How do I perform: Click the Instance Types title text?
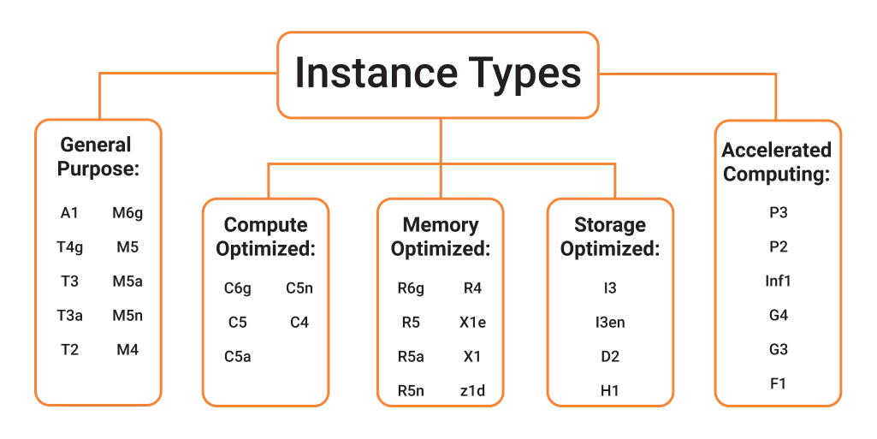coord(437,74)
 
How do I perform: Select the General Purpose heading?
coord(97,157)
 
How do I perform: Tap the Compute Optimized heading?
coord(265,237)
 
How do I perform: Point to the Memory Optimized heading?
coord(440,237)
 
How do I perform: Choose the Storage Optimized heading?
coord(610,237)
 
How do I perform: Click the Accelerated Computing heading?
coord(776,162)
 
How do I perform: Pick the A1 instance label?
coord(69,213)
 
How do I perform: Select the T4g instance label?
coord(69,247)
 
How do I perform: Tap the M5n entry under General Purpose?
coord(127,316)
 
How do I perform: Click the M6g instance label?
coord(127,213)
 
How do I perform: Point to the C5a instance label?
coord(237,357)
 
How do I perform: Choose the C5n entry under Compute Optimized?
coord(299,288)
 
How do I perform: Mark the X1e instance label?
coord(472,323)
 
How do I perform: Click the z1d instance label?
coord(472,391)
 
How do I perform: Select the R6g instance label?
coord(411,288)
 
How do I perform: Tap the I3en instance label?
coord(610,323)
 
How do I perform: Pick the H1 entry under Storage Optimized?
coord(610,391)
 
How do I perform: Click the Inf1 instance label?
coord(778,281)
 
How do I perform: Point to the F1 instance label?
coord(778,383)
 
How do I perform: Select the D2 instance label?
coord(610,357)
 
